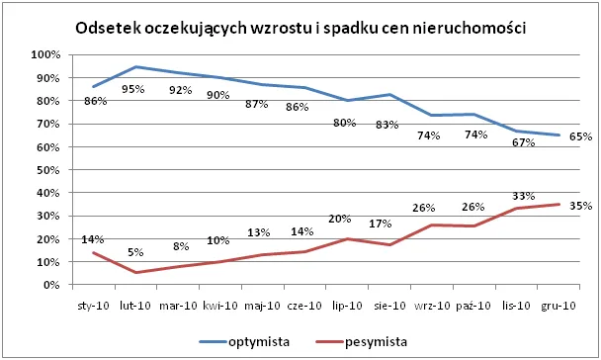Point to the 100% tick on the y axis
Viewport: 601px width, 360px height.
click(x=45, y=54)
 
